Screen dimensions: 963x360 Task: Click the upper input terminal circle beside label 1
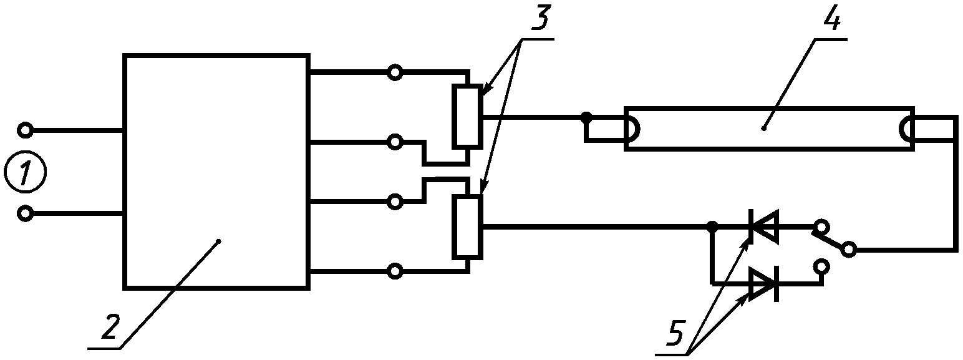[26, 130]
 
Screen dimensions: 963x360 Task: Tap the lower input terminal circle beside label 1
[26, 214]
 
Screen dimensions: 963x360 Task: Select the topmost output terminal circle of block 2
[395, 73]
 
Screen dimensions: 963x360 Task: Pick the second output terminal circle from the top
[395, 142]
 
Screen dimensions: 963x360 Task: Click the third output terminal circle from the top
[395, 202]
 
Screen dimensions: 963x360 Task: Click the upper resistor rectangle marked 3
[467, 116]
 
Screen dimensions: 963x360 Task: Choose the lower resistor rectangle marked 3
[467, 226]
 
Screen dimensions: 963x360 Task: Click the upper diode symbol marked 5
[763, 226]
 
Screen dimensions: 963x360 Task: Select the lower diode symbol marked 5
[763, 284]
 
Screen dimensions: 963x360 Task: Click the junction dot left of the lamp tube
[586, 116]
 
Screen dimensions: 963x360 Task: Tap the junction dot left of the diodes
[712, 226]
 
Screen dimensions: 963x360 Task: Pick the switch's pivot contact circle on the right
[848, 250]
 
